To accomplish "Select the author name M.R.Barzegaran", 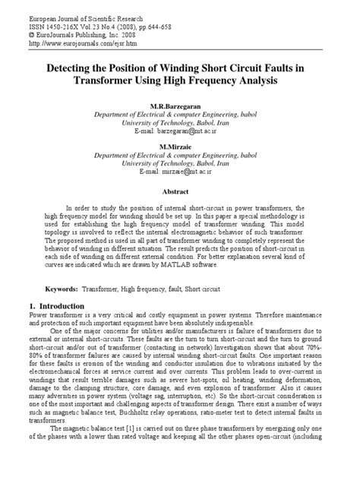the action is click(179, 105).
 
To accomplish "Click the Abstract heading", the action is click(179, 192).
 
